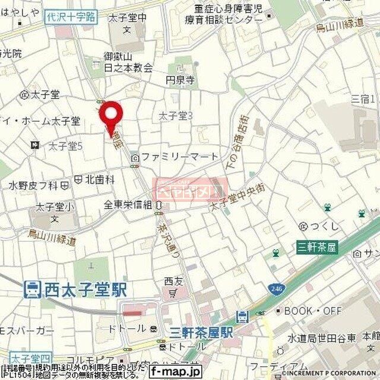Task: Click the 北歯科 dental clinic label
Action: [95, 178]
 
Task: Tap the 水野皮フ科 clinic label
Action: [33, 186]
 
